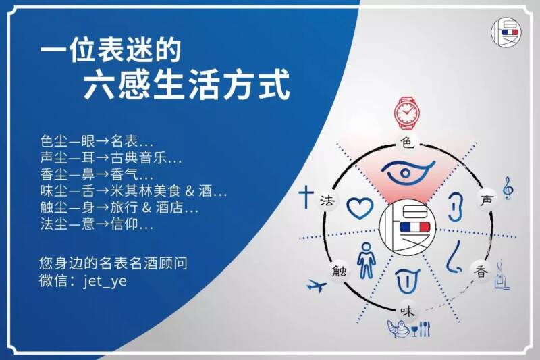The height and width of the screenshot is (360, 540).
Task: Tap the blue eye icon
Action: pos(408,173)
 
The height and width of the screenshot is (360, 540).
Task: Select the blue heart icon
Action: pos(360,208)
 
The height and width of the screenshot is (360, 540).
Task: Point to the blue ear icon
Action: pos(455,207)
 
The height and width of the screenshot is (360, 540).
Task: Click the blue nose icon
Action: pos(455,257)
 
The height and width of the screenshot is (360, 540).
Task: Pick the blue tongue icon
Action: pos(407,280)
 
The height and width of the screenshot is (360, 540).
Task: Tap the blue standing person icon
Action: pos(366,260)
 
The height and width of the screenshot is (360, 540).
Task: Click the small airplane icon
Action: pos(317,286)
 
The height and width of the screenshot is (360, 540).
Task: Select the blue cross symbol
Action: pos(306,197)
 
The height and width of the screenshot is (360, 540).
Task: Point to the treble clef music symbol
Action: pos(508,188)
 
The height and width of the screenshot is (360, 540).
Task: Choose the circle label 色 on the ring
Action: pos(408,142)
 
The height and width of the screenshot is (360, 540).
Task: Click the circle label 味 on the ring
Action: pos(407,311)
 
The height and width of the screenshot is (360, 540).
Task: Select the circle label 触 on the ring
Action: pos(340,271)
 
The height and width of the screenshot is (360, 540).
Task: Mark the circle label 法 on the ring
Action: pos(327,199)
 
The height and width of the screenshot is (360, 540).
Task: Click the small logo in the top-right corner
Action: pos(506,32)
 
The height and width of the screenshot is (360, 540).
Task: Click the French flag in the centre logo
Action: pos(414,227)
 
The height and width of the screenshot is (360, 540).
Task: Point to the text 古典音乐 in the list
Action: pos(142,158)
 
